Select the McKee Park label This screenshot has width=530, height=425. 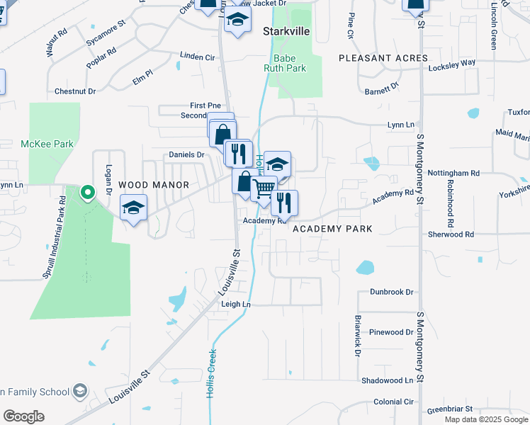[47, 144]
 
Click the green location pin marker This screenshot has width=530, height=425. [87, 193]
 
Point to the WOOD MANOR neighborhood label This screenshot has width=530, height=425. [154, 185]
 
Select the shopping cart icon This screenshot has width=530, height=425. [264, 188]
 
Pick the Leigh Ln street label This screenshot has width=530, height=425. [236, 304]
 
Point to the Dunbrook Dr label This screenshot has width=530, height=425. [391, 292]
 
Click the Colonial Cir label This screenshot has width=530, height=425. [394, 402]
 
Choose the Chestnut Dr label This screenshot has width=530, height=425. [75, 91]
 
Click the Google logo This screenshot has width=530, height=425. [23, 416]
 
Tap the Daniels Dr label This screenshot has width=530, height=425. [186, 154]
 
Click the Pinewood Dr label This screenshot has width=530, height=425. [391, 331]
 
